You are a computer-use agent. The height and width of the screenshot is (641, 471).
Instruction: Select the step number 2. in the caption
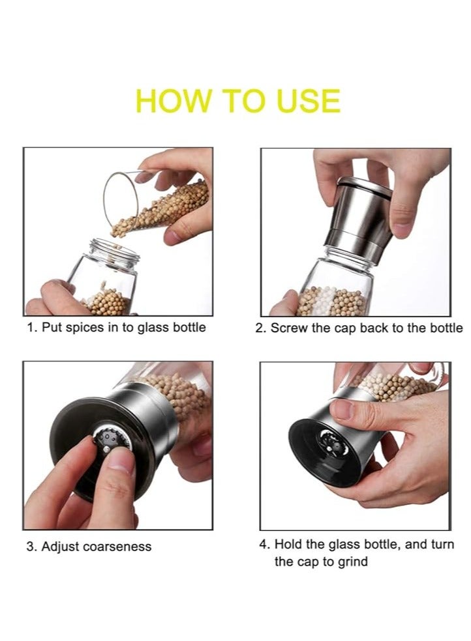point(261,328)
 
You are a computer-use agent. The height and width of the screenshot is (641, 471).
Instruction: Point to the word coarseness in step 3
point(119,547)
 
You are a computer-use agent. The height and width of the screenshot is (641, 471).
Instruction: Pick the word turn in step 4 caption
point(442,544)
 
